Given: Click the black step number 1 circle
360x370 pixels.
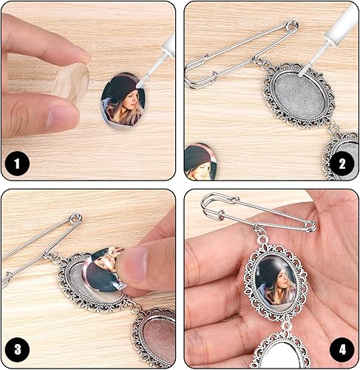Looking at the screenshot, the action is [x=17, y=164].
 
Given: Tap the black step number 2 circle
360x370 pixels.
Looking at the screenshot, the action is [x=342, y=164].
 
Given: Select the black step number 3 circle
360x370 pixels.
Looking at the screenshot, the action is [x=17, y=349].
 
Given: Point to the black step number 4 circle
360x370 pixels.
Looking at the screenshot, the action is [x=342, y=350].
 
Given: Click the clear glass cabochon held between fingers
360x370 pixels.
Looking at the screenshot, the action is [x=72, y=83].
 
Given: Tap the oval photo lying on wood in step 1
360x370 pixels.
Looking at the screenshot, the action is [x=123, y=101].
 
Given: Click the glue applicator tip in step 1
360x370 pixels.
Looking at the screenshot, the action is [x=139, y=85].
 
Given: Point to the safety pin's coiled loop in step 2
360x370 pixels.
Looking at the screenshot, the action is [x=292, y=27].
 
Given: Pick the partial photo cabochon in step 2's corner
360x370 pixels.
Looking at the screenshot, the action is [x=200, y=161].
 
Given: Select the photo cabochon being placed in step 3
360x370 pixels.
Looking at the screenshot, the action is [x=104, y=269].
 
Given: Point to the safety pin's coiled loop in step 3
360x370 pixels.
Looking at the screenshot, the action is [x=75, y=219].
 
